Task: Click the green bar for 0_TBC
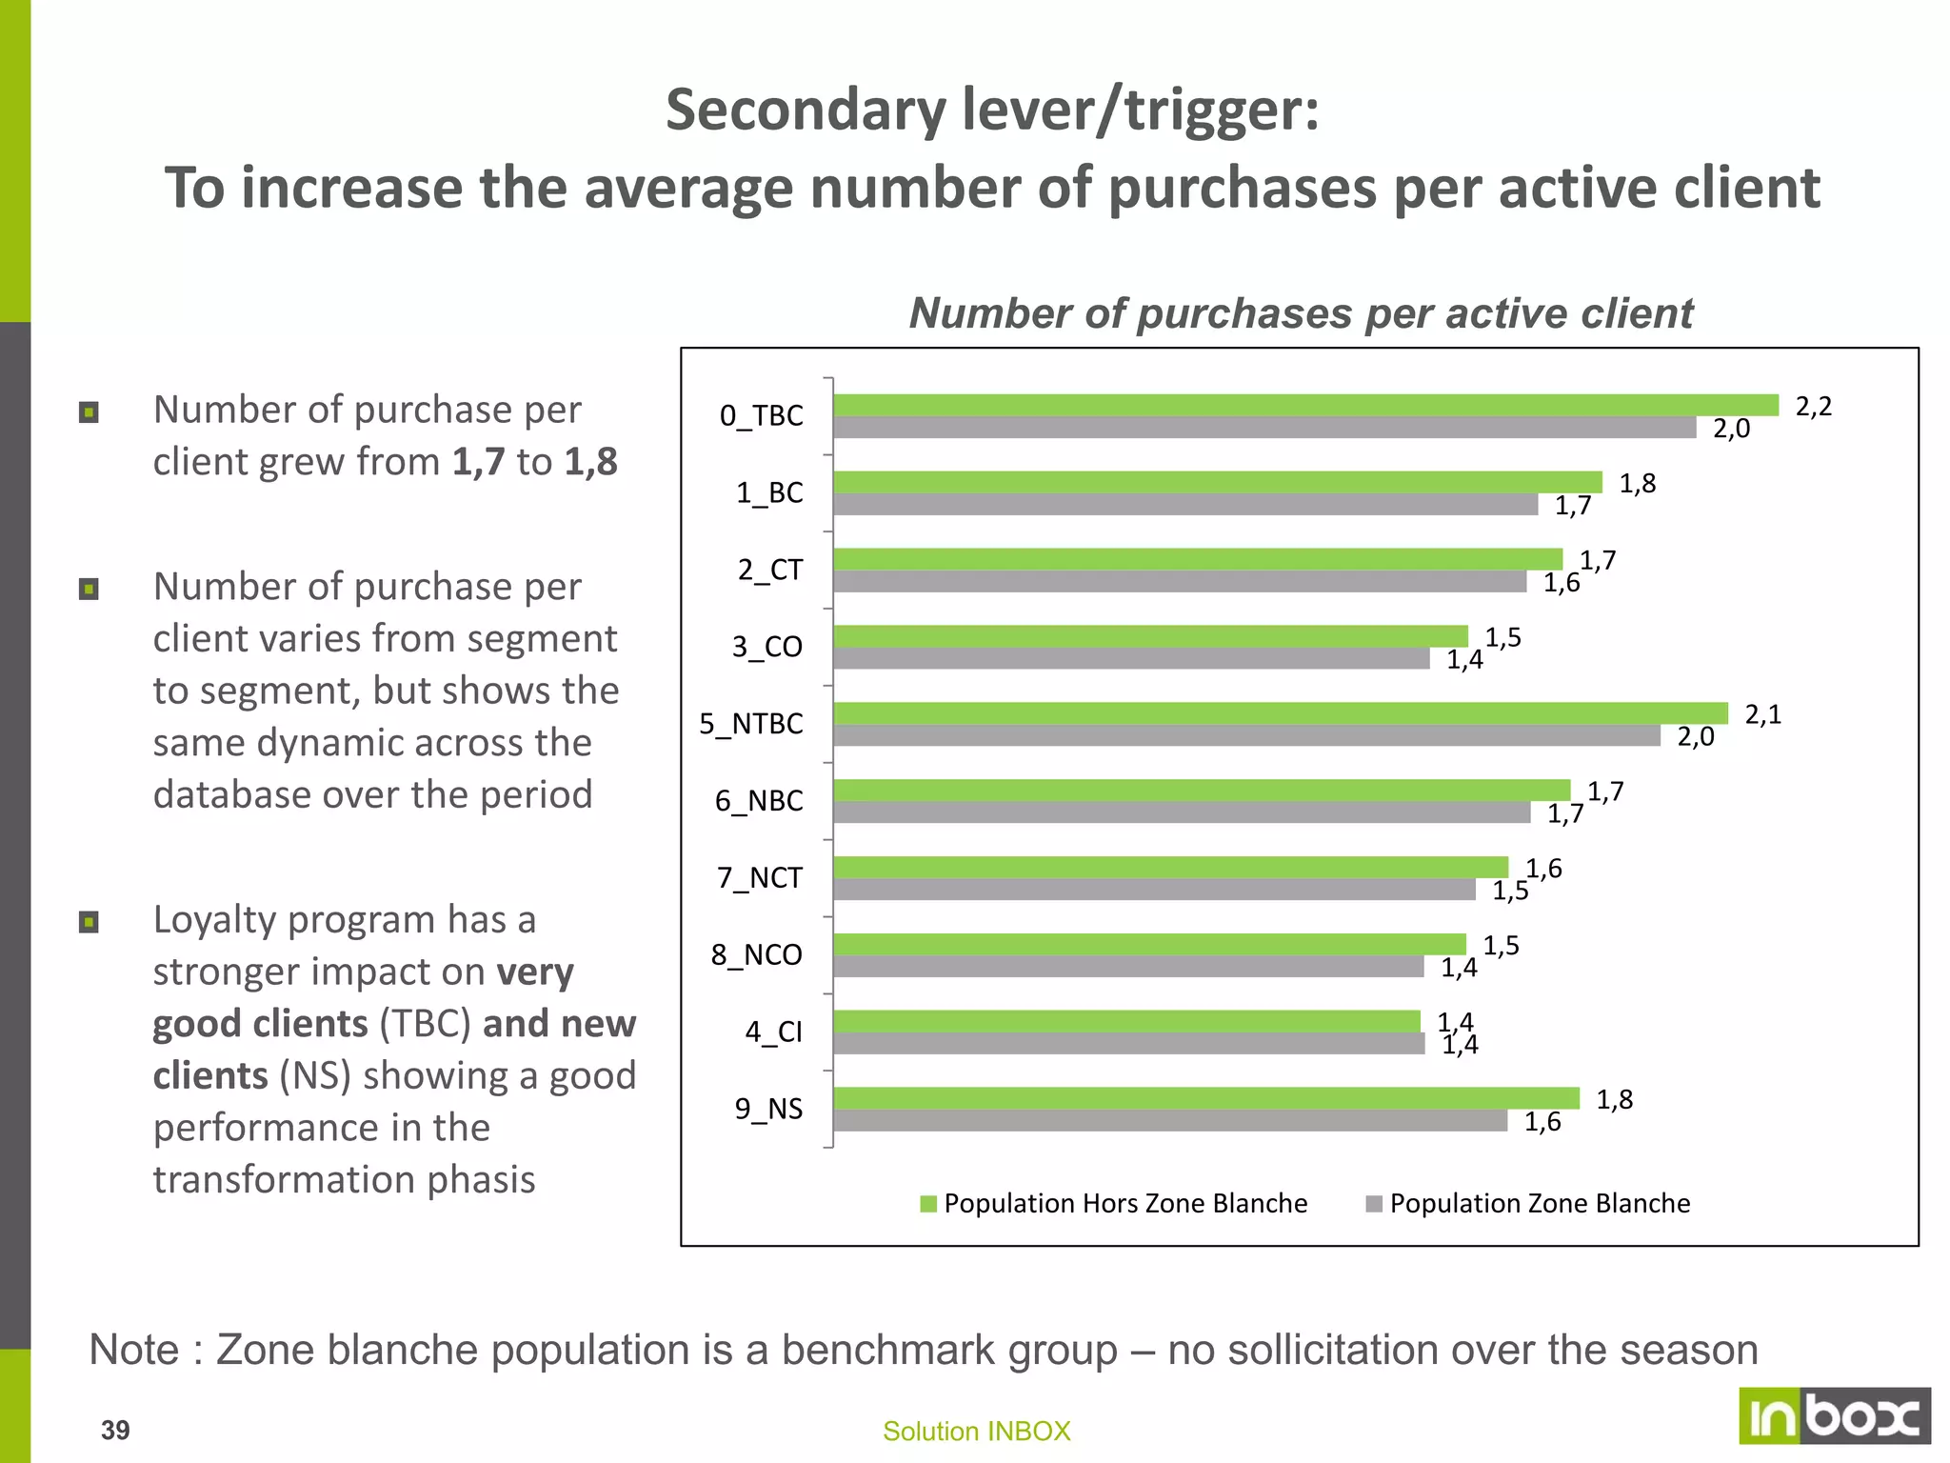(1304, 405)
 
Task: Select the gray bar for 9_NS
(1169, 1121)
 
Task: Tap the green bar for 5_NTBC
(1280, 713)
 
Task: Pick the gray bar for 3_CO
(1131, 659)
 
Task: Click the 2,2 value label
(1813, 407)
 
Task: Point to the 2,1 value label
(1762, 714)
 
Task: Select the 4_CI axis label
(773, 1032)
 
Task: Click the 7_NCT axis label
(759, 877)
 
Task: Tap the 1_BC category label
(769, 492)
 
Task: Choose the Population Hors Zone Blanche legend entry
(1124, 1204)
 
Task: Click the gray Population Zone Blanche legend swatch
(1373, 1204)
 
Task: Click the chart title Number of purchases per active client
(1301, 313)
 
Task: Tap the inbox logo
(1834, 1416)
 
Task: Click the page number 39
(115, 1430)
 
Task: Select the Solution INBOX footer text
(976, 1431)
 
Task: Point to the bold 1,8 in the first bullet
(590, 462)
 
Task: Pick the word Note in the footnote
(134, 1350)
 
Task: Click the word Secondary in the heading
(806, 110)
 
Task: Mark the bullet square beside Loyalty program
(89, 922)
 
